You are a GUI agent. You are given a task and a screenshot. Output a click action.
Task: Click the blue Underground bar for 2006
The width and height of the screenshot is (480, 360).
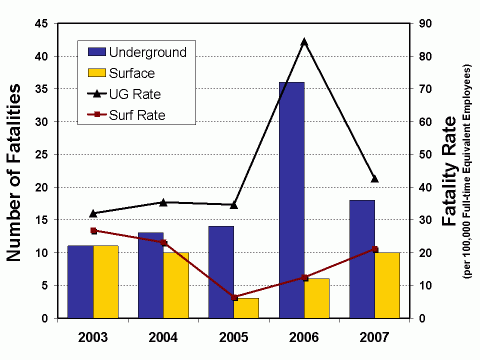tap(291, 200)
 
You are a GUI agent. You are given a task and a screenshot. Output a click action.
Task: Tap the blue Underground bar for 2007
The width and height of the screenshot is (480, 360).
tap(361, 259)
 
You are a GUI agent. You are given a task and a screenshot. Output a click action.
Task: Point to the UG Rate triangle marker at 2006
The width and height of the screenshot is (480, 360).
tap(304, 42)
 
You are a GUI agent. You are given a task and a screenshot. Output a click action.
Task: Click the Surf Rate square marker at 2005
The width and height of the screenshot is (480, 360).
tap(234, 297)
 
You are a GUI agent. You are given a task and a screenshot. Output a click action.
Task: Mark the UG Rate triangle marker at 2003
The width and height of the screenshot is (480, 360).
tap(93, 213)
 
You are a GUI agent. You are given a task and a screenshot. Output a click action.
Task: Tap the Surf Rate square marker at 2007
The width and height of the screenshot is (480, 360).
tap(374, 249)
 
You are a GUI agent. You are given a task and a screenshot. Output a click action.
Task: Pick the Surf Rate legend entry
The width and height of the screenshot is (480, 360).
tap(136, 115)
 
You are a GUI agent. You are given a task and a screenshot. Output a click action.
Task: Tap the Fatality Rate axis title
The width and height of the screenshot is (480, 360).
tap(450, 170)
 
